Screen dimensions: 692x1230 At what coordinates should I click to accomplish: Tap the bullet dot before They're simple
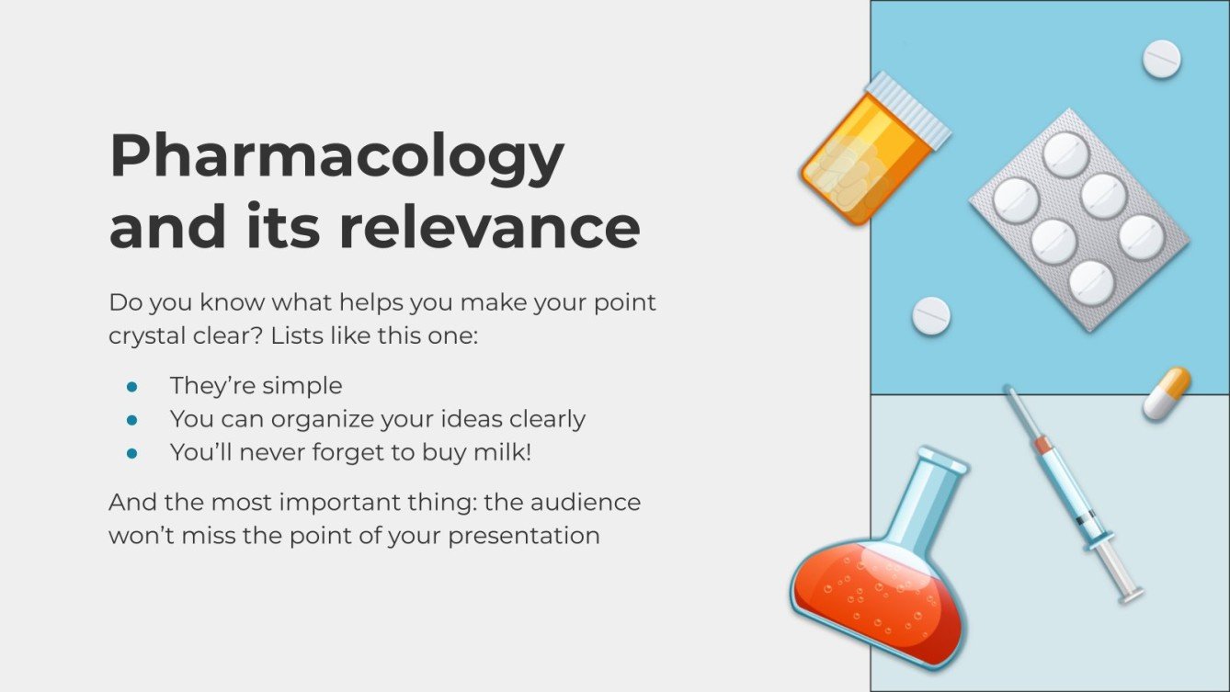pyautogui.click(x=131, y=386)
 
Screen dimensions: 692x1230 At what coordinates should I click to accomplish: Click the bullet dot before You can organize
pyautogui.click(x=131, y=420)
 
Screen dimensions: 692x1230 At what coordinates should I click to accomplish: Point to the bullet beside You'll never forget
pyautogui.click(x=131, y=453)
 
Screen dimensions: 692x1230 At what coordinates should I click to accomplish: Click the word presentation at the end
pyautogui.click(x=524, y=536)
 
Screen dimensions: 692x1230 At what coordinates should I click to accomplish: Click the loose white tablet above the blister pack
pyautogui.click(x=1161, y=59)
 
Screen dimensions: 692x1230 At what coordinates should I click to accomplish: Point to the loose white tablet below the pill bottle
pyautogui.click(x=931, y=315)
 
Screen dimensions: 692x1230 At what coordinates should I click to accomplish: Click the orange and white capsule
pyautogui.click(x=1167, y=393)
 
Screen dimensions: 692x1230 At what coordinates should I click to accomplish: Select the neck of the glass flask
pyautogui.click(x=922, y=501)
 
